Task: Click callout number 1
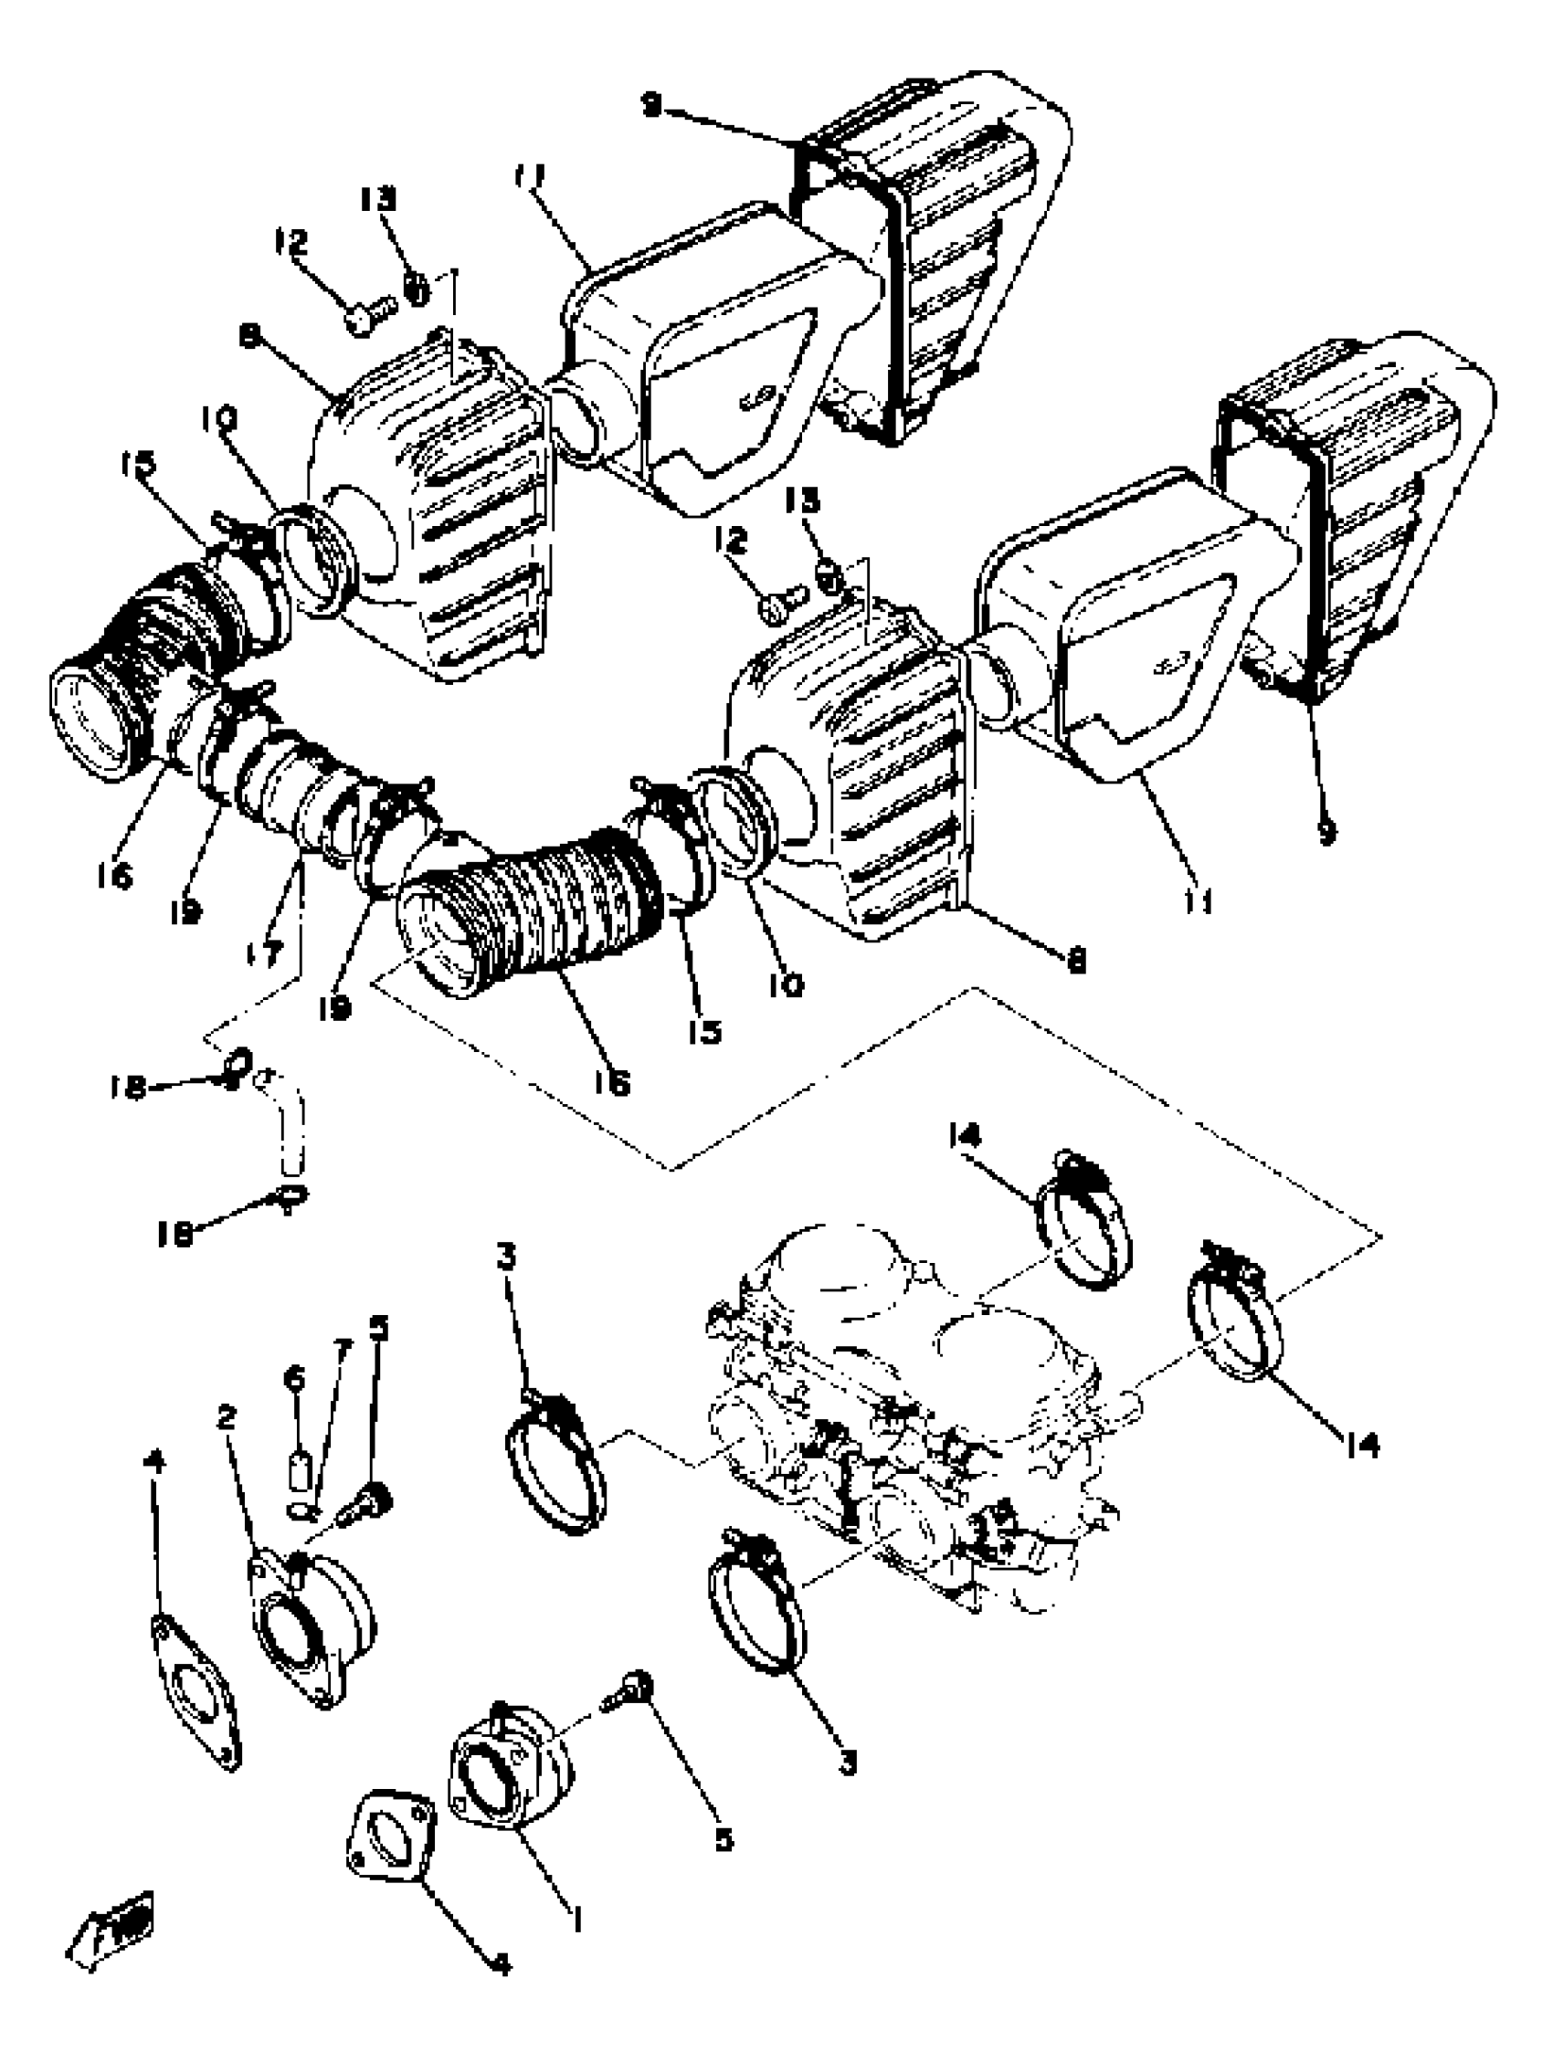tap(577, 1913)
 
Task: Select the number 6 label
tap(294, 1380)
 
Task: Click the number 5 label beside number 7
tap(378, 1331)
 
